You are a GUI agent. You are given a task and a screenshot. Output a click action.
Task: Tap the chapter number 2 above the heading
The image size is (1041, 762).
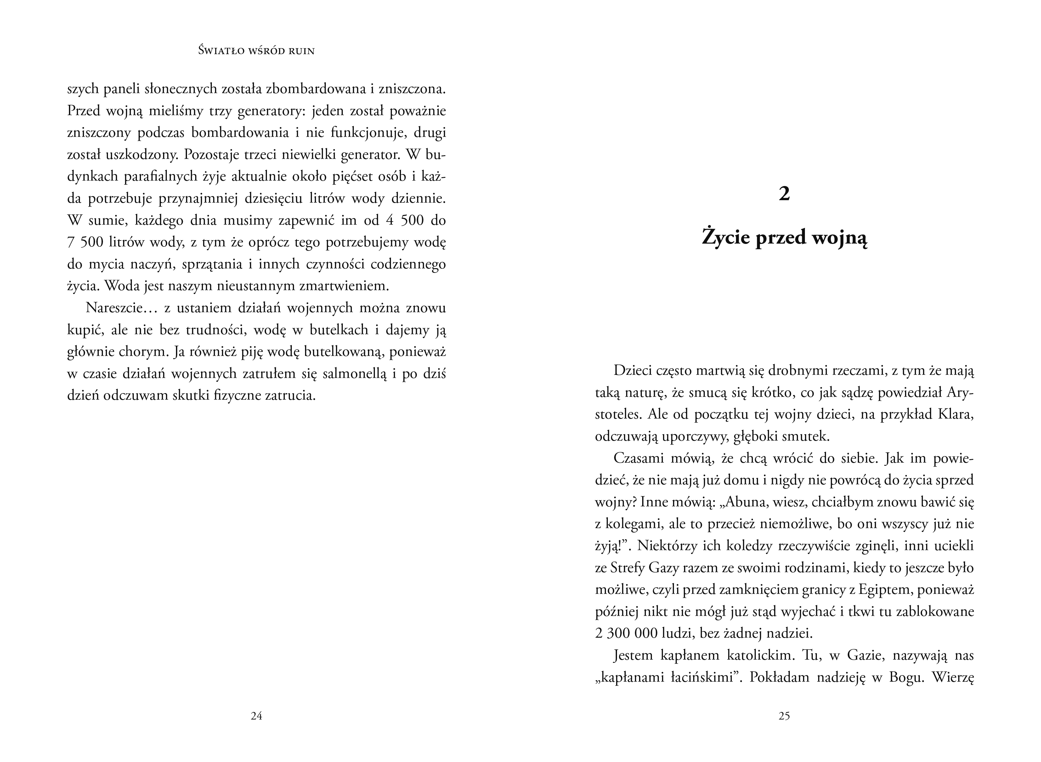pos(784,194)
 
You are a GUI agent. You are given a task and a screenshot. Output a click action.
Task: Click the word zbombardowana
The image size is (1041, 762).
pos(316,89)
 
